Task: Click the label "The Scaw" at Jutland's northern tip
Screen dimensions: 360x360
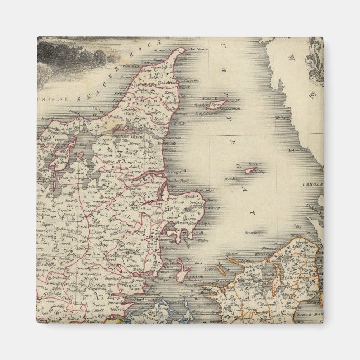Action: coord(197,50)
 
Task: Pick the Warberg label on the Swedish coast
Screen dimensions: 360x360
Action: coord(284,118)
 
